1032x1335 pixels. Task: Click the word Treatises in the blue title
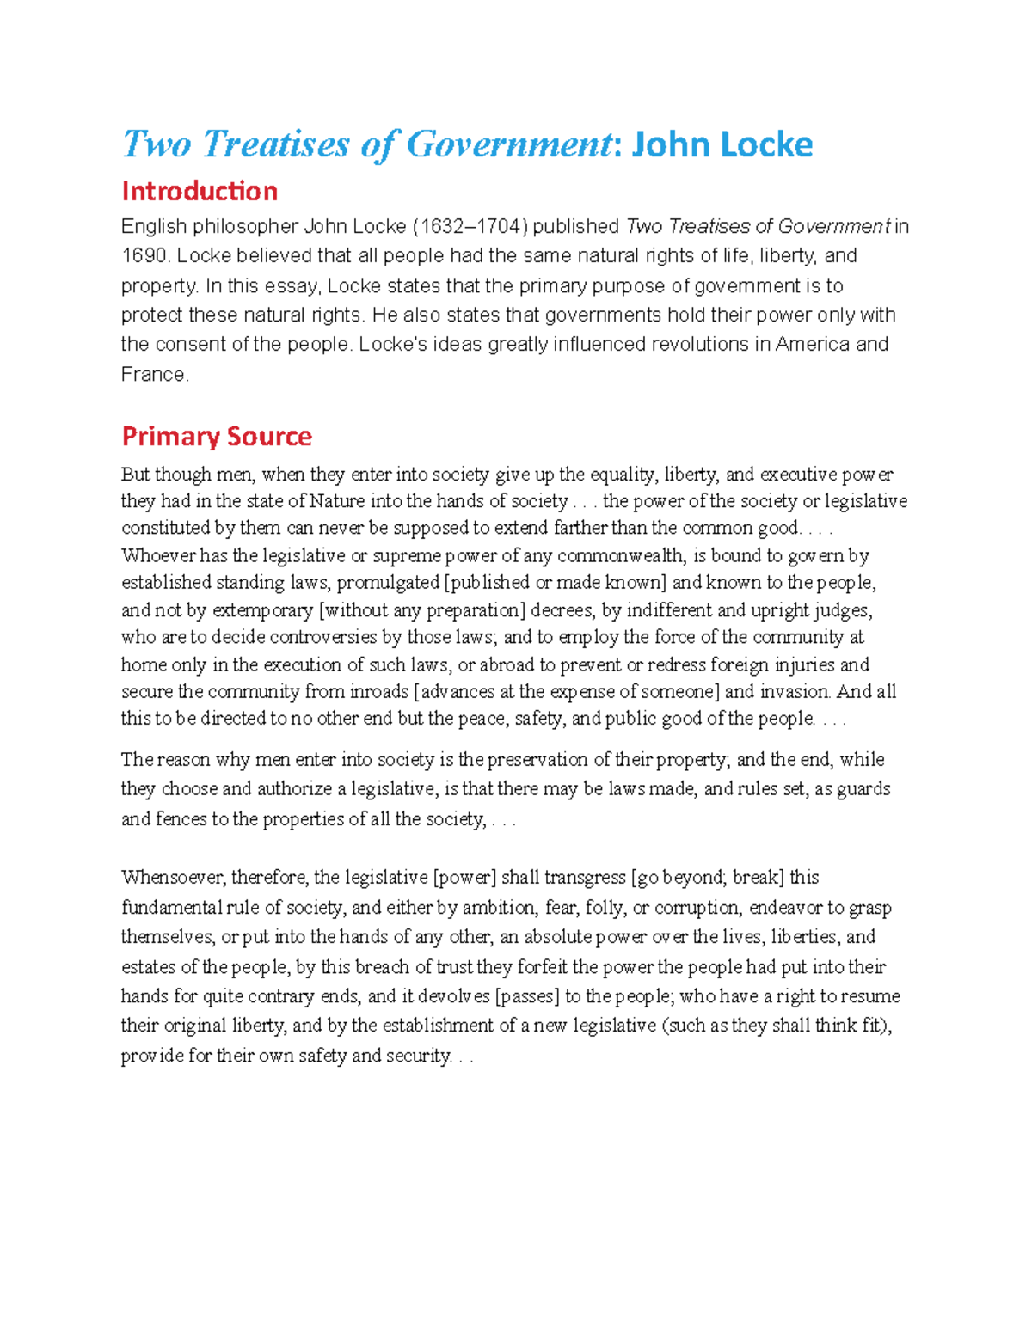pos(276,144)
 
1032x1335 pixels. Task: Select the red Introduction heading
pos(200,191)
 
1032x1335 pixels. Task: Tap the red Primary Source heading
pos(217,437)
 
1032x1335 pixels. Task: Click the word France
pos(153,374)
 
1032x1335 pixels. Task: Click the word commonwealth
pos(619,555)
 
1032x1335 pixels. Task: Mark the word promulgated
pos(388,583)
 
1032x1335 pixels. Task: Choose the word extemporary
pos(262,610)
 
